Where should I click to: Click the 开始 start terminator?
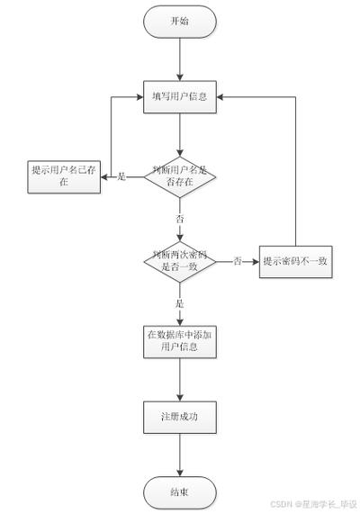pos(180,21)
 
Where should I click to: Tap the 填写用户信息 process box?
pos(180,96)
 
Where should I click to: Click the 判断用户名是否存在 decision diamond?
pos(180,176)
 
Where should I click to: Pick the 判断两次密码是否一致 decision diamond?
pos(180,261)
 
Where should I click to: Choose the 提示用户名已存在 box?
pos(63,176)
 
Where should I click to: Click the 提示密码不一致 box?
pos(295,261)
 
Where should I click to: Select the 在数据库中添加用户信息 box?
pos(180,339)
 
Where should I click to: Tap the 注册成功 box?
pos(180,417)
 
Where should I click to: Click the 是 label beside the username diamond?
pos(122,176)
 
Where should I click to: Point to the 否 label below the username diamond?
pos(180,219)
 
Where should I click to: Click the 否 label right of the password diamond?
pos(238,261)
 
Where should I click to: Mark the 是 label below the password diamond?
pos(180,303)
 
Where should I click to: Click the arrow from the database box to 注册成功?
pos(180,378)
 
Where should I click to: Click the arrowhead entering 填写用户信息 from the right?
pos(221,96)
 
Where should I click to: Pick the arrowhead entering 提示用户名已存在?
pos(102,176)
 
